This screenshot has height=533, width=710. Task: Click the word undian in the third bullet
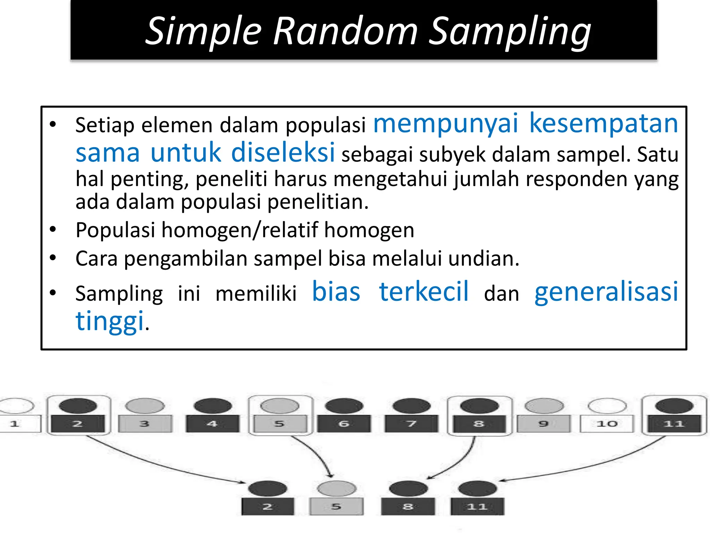click(x=483, y=259)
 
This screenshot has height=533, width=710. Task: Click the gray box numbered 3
click(x=145, y=424)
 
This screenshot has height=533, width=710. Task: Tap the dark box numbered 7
click(x=411, y=424)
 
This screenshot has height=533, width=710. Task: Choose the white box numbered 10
click(x=607, y=424)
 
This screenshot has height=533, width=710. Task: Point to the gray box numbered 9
click(x=543, y=424)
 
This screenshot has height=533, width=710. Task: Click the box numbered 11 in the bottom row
click(x=477, y=507)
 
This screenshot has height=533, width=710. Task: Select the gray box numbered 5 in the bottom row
click(x=336, y=507)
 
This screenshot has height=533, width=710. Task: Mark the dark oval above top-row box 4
click(x=213, y=406)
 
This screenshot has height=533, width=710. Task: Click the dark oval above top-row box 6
click(x=344, y=406)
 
